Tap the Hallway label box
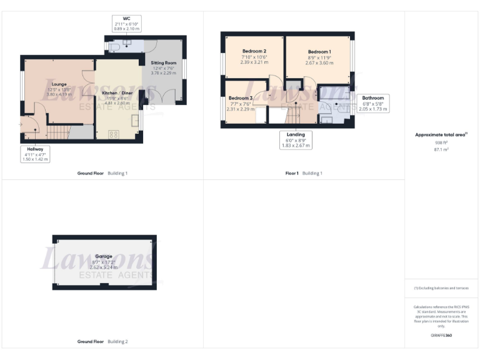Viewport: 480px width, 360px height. click(x=34, y=154)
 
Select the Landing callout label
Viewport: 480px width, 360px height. click(x=296, y=139)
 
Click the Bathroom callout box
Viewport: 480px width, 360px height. click(x=372, y=103)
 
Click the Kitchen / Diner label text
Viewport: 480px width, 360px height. click(x=117, y=92)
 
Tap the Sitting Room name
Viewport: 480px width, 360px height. click(x=164, y=63)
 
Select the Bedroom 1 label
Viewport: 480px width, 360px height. click(x=319, y=52)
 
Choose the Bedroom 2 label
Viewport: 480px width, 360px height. click(x=254, y=51)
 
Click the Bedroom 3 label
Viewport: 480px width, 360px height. click(x=240, y=98)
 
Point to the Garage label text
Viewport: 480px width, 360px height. click(x=104, y=256)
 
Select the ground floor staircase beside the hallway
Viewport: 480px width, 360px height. click(x=58, y=132)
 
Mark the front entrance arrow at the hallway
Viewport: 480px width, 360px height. click(x=21, y=124)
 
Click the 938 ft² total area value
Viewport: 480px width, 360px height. click(x=442, y=142)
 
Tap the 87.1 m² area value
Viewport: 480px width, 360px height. click(x=442, y=149)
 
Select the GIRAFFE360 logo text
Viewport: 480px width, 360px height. click(x=441, y=336)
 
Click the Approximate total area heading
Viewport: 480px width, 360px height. click(x=441, y=134)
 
